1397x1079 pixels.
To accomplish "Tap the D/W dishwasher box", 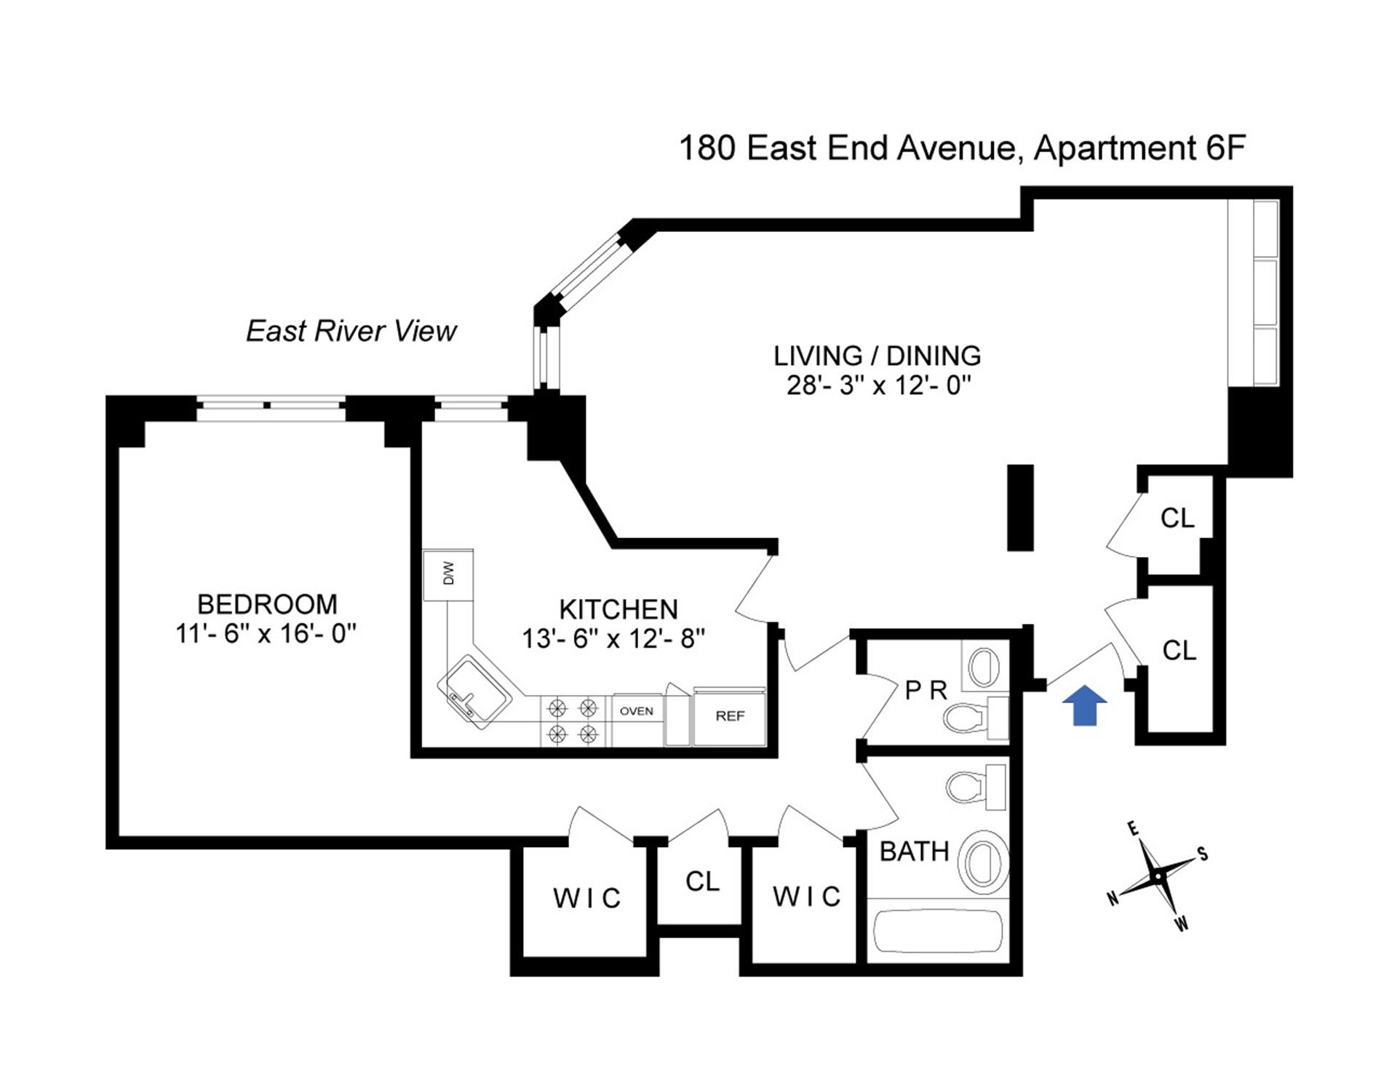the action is [x=448, y=574].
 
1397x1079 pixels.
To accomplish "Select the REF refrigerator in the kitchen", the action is [x=730, y=716].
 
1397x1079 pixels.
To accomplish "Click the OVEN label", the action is [x=637, y=711].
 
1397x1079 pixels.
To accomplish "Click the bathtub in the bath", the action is [x=938, y=930].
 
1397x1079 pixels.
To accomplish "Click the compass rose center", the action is [x=1157, y=877].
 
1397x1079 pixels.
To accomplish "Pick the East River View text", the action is [x=351, y=331].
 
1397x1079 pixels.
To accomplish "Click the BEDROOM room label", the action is [x=267, y=604].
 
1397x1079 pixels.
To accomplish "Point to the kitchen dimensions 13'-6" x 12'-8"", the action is [x=613, y=638].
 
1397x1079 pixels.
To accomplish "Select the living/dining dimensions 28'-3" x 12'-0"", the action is [x=879, y=385].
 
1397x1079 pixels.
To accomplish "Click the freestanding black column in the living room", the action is [x=1020, y=507].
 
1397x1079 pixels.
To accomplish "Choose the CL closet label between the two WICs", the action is [x=702, y=881].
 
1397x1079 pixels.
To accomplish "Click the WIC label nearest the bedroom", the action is [x=586, y=899].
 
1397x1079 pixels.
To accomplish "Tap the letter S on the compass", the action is [x=1203, y=854].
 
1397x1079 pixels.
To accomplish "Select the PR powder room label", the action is [x=926, y=690].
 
